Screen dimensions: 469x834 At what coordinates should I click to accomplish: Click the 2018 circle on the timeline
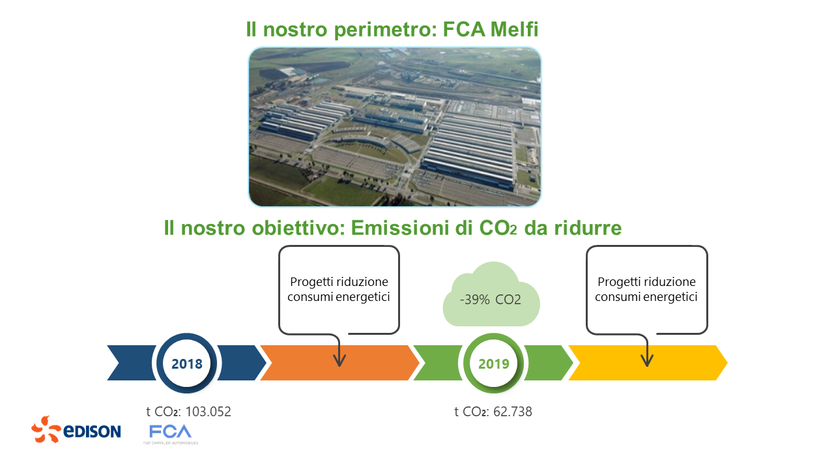point(186,363)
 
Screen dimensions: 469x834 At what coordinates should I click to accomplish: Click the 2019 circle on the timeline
point(493,363)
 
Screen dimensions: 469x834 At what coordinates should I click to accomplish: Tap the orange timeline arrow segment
point(378,363)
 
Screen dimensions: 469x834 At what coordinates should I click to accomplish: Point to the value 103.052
point(208,412)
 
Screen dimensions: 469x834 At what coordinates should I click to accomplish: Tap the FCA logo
point(170,432)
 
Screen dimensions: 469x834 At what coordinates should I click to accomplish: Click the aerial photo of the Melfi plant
point(395,126)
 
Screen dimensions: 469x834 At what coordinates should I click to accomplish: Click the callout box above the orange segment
point(339,289)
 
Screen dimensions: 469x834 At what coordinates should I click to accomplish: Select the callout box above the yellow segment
point(646,289)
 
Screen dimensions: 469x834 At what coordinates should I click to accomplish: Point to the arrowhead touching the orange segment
point(339,361)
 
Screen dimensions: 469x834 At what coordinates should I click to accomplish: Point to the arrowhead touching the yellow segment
point(646,361)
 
